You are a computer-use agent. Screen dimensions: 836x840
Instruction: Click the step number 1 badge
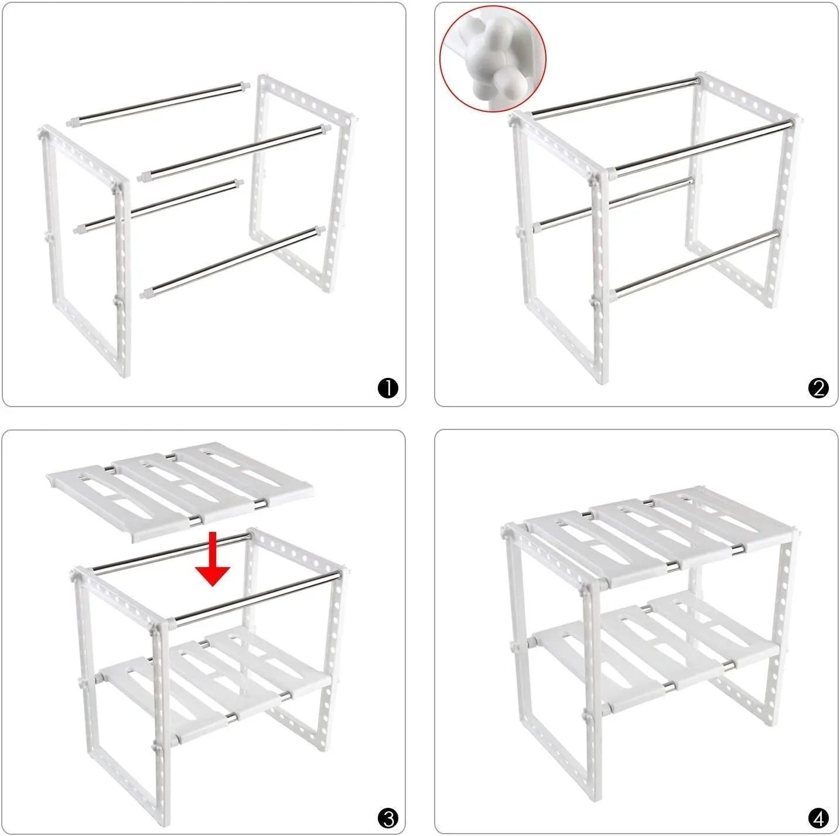(388, 388)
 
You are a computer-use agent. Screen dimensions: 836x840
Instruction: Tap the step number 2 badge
(818, 388)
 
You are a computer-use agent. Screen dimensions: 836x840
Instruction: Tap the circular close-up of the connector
(493, 59)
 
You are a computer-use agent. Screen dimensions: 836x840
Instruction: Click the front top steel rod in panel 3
(258, 598)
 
